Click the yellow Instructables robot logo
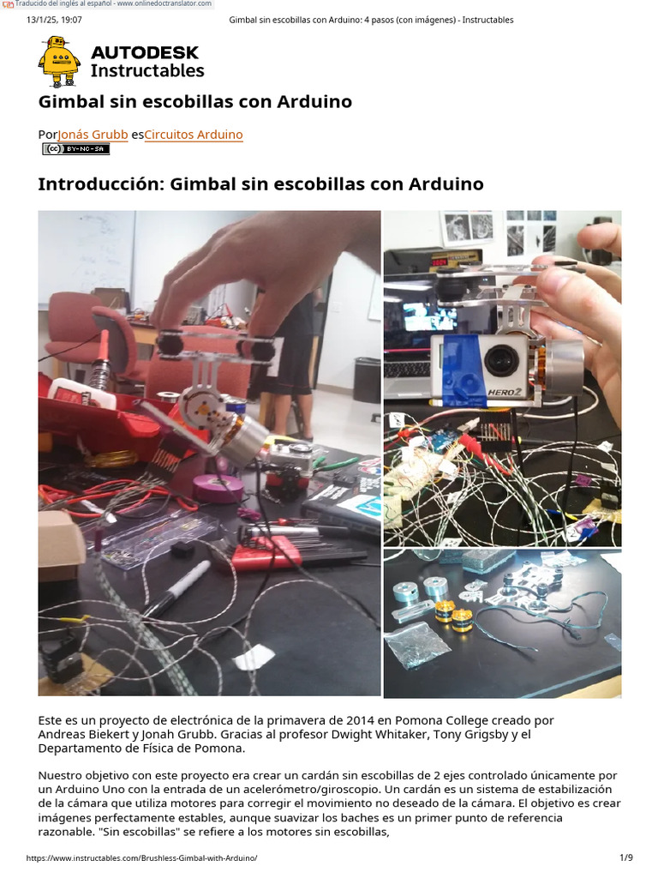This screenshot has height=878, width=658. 58,61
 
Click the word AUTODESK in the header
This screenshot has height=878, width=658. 144,52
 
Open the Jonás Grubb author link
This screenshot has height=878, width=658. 93,135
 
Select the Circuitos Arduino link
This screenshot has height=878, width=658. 194,135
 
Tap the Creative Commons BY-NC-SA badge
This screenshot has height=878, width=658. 76,149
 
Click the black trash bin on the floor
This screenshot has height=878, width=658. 366,379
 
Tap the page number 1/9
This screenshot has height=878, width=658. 625,857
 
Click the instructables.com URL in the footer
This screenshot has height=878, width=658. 141,857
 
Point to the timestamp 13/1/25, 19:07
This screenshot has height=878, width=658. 55,20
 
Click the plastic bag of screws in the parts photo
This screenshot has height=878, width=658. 417,644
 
